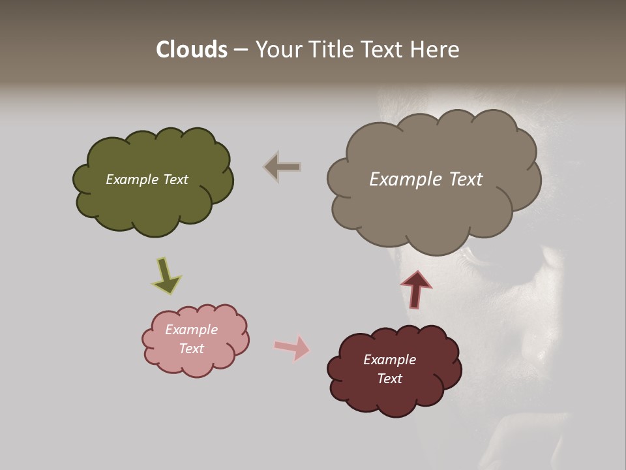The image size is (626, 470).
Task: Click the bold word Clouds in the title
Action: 192,50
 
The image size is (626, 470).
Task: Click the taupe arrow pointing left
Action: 282,166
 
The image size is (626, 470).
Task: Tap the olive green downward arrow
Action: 166,275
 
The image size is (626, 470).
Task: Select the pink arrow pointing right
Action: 292,347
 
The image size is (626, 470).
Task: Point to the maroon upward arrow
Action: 416,289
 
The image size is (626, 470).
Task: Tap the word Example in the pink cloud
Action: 191,330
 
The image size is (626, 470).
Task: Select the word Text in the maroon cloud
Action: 389,379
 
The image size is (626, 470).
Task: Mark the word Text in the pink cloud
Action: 191,349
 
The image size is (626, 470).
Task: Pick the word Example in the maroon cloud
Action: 389,360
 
